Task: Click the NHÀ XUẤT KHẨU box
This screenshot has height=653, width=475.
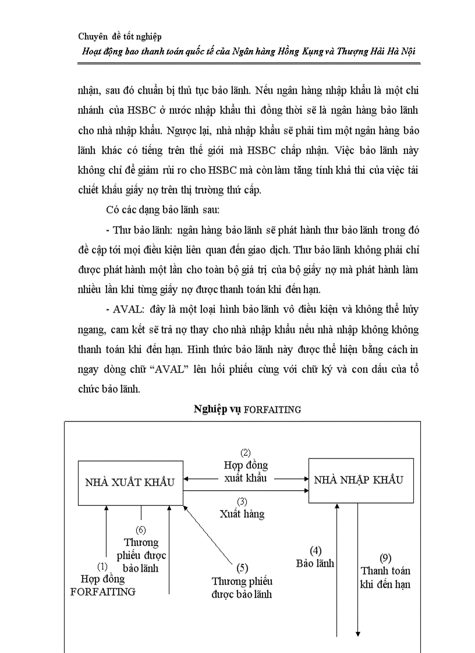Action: pos(130,483)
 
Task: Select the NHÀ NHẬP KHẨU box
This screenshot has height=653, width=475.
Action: pos(360,480)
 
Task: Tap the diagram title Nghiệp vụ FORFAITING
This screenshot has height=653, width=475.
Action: pos(247,409)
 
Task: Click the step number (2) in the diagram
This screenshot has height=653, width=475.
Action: pos(246,453)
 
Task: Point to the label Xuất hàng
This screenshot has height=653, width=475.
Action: pos(242,513)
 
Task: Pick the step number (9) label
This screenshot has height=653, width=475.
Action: pos(385,558)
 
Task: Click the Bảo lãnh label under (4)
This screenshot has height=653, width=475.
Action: pos(315,563)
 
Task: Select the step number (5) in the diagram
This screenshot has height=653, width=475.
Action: pos(242,568)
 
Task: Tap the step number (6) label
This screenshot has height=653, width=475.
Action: pos(140,530)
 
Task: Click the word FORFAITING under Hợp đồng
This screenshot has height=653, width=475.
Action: pos(103,591)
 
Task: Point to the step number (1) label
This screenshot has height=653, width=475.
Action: pos(102,566)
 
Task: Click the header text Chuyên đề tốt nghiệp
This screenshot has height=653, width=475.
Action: pos(119,36)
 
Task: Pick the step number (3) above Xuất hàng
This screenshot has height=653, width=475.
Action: pos(242,501)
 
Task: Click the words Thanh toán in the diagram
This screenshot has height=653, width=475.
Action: pos(385,570)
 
